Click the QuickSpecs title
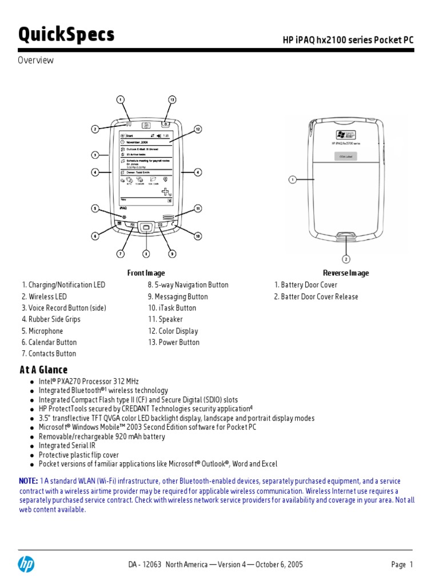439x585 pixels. coord(66,35)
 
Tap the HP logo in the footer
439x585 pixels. coord(26,564)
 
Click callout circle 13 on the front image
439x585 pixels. coord(172,99)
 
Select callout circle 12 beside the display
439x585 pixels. coord(198,129)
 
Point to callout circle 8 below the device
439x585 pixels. coord(146,253)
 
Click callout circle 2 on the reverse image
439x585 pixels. coord(346,259)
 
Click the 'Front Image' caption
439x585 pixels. coord(146,273)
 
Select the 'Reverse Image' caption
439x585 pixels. coord(346,273)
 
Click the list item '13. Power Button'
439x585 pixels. coord(174,342)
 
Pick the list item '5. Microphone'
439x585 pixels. coord(42,331)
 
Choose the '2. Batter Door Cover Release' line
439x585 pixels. coord(316,296)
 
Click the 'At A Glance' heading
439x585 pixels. coord(43,370)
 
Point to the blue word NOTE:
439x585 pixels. coord(29,481)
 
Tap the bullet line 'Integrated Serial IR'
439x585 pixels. coord(67,446)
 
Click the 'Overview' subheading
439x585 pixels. coord(35,60)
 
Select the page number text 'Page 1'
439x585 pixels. coord(402,564)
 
